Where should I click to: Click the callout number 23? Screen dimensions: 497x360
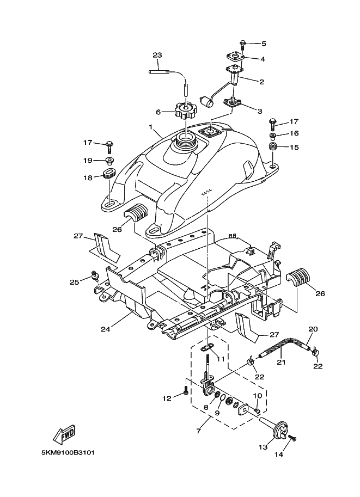point(157,56)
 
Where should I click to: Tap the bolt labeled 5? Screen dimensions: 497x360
point(243,43)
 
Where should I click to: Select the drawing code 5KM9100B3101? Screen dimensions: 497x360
point(68,452)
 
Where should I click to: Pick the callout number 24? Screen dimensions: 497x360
point(105,328)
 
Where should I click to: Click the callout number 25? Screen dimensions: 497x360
point(75,281)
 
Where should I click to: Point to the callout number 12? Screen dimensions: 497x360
point(167,398)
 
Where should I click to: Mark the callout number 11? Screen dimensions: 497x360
point(219,359)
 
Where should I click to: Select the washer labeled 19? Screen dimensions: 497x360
point(109,160)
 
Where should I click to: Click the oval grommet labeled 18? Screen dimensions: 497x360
point(108,174)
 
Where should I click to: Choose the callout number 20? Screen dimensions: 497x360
point(313,329)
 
